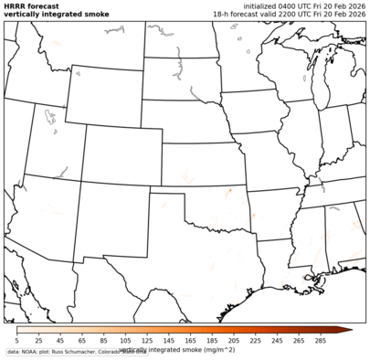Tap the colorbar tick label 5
pos(17,340)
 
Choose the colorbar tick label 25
pos(38,340)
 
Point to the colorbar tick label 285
pos(321,340)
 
